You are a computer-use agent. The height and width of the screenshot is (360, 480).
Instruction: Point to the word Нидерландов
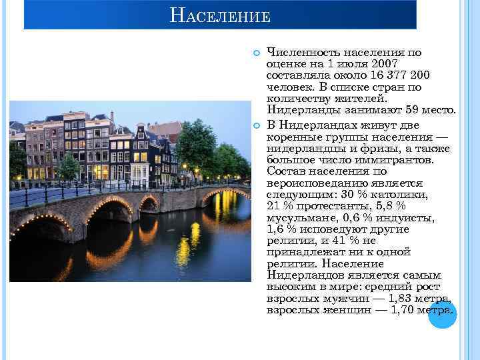tap(306, 275)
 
